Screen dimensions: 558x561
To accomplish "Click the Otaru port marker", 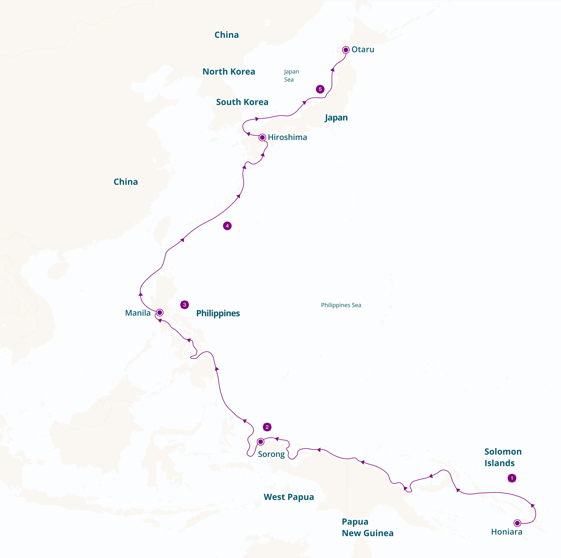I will [346, 50].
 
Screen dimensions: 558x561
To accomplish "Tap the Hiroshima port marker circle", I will [262, 137].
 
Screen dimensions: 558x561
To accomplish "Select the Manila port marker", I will [160, 313].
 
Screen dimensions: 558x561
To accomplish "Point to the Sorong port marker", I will [260, 442].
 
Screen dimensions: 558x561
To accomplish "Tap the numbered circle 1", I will [512, 478].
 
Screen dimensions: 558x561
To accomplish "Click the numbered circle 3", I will [184, 305].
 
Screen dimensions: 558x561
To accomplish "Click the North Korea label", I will [229, 71].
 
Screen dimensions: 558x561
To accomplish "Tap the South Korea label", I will [242, 102].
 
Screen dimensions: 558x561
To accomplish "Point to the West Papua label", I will [289, 497].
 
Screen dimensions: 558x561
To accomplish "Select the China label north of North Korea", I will [226, 35].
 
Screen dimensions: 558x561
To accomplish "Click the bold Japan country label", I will [336, 118].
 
